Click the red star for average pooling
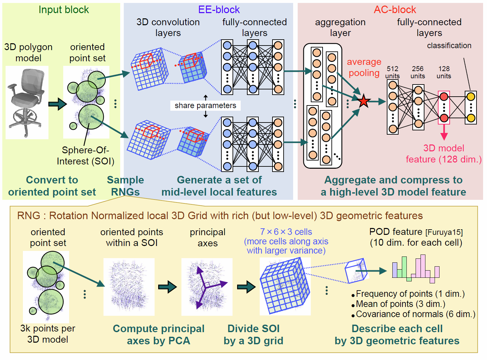tap(364, 101)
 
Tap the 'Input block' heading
tap(64, 10)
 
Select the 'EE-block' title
tap(219, 10)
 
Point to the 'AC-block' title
tap(395, 10)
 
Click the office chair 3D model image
tap(27, 102)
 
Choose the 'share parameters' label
tap(205, 105)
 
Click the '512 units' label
tap(392, 72)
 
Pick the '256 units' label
tap(418, 72)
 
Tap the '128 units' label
tap(444, 72)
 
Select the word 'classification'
tap(449, 46)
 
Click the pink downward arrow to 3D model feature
tap(444, 133)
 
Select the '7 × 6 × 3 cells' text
tap(286, 232)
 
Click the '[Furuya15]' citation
tap(444, 233)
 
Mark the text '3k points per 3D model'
tap(48, 334)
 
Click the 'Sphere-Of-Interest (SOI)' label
tap(85, 156)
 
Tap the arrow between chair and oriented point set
tap(57, 104)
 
